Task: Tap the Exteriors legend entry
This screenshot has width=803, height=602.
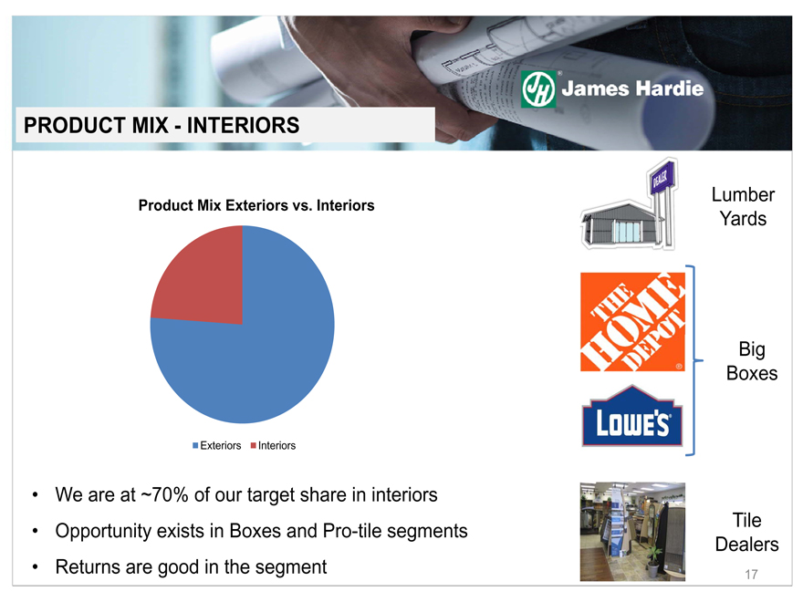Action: pos(216,446)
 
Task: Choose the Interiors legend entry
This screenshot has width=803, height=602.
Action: pos(273,446)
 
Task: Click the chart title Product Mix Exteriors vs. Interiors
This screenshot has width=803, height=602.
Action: pos(256,205)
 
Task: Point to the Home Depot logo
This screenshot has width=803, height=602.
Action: pos(632,321)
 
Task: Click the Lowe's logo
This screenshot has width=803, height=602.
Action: pos(632,416)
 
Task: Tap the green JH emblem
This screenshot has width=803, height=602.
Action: pos(538,89)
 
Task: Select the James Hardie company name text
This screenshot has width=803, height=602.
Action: pos(632,88)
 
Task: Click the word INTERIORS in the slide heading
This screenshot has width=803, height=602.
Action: pos(243,126)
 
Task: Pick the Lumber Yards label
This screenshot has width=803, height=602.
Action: pos(743,206)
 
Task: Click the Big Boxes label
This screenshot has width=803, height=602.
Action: pos(752,361)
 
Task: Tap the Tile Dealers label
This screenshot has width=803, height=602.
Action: pos(746,532)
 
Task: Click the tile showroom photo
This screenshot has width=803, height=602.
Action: pos(632,532)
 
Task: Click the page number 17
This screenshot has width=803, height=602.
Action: pos(751,575)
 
